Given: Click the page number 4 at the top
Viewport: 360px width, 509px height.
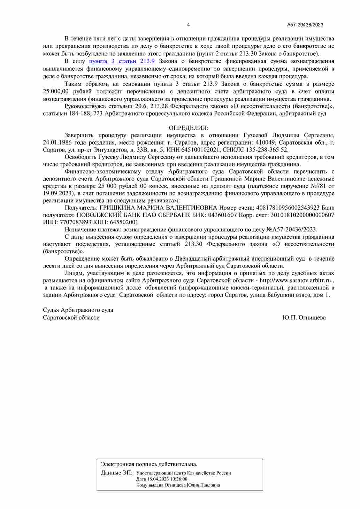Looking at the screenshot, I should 189,25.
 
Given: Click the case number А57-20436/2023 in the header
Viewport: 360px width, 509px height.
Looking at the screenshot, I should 305,25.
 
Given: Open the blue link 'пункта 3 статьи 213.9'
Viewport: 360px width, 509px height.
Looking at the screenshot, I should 122,61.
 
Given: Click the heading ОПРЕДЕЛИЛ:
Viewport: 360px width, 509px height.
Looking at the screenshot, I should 189,128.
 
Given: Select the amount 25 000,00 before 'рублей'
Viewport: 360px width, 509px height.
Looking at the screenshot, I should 56,92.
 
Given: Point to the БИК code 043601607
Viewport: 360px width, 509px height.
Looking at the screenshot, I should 222,215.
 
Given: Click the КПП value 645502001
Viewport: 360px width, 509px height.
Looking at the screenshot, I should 124,222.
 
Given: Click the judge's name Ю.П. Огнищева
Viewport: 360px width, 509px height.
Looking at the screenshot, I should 304,318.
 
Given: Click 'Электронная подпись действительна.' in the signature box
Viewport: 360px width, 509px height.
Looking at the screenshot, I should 149,464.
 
